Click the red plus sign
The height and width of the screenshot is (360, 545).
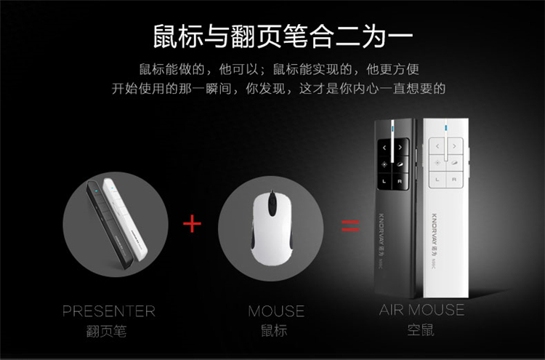click(x=192, y=223)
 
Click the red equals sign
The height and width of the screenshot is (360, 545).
click(x=350, y=225)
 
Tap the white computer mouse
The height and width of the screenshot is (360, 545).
click(x=272, y=228)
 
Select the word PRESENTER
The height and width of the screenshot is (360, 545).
click(x=109, y=311)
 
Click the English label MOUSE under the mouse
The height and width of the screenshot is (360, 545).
click(x=276, y=311)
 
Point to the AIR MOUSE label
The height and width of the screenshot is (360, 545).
click(x=421, y=310)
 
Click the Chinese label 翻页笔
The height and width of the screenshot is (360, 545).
click(x=106, y=331)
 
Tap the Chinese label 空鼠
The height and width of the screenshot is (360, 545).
click(x=421, y=329)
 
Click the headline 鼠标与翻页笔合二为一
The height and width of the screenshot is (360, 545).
click(x=283, y=36)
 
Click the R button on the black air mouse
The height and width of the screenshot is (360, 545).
click(x=400, y=181)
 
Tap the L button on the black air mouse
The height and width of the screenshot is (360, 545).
click(x=384, y=181)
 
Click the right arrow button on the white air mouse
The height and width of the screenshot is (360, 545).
click(x=455, y=146)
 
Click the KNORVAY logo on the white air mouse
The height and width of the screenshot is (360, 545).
click(x=435, y=229)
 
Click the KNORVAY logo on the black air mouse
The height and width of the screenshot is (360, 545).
click(x=381, y=229)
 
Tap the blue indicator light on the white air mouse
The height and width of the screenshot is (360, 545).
click(x=446, y=129)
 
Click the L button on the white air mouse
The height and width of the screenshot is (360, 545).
click(x=437, y=180)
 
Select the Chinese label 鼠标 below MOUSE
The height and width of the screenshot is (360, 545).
click(x=274, y=330)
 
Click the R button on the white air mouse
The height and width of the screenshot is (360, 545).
click(x=454, y=180)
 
